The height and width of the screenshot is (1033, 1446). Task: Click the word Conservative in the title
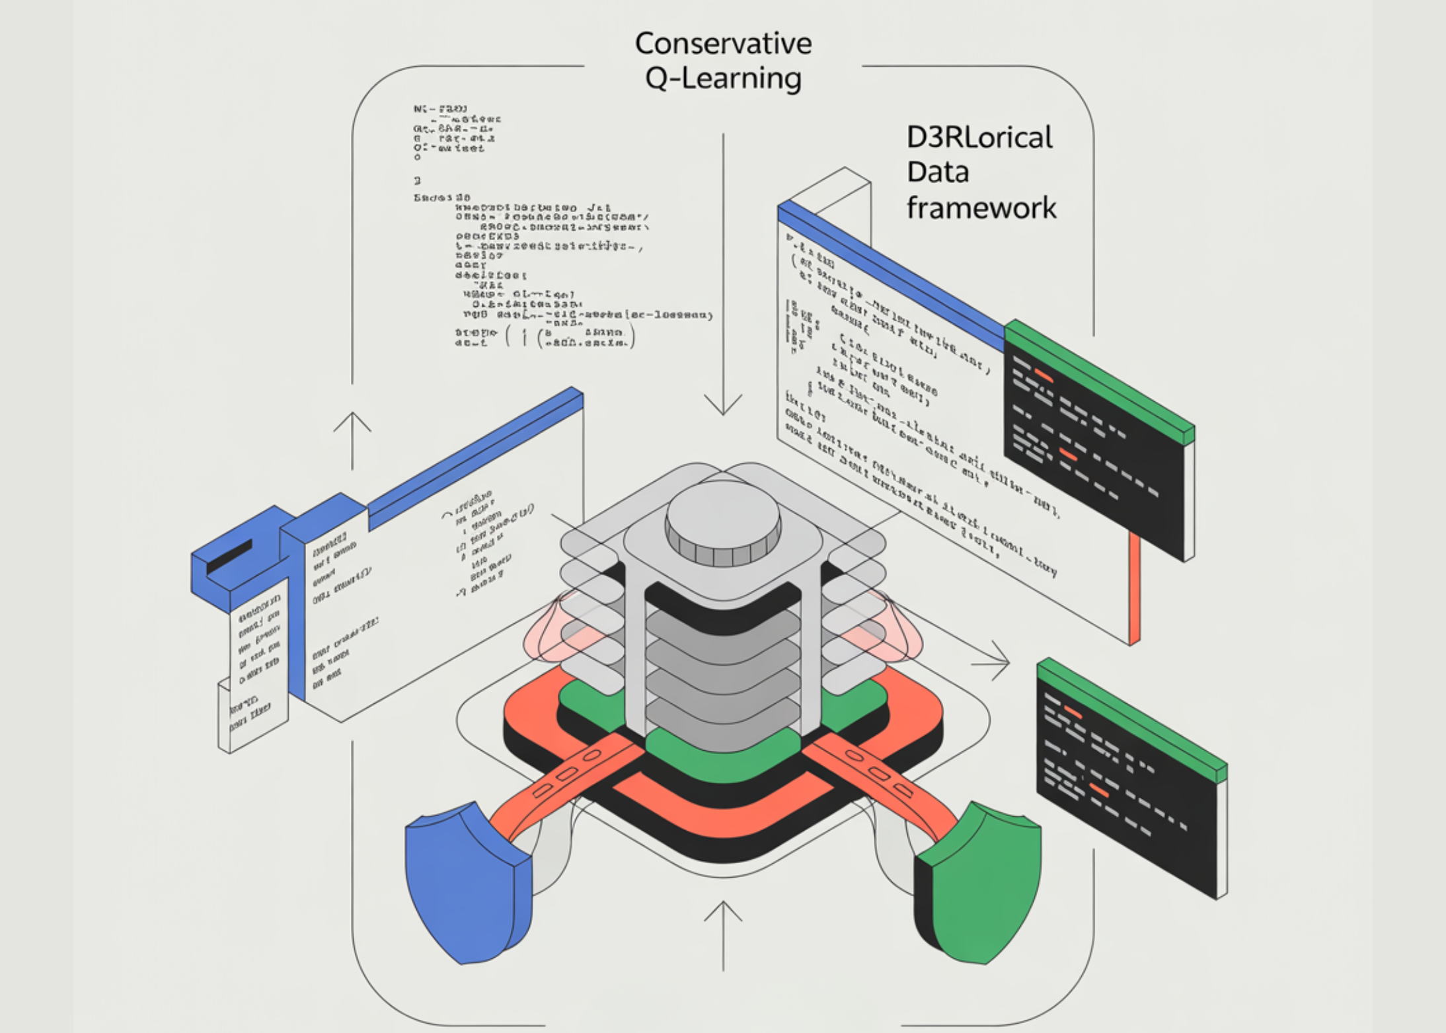click(x=723, y=44)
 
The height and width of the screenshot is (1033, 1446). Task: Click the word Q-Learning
click(x=723, y=79)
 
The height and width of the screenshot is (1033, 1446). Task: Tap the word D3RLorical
click(x=979, y=137)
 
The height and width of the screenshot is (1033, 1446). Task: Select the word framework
click(x=981, y=208)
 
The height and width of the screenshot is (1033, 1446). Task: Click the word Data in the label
click(x=937, y=172)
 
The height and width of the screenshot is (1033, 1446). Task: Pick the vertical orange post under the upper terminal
click(x=1134, y=588)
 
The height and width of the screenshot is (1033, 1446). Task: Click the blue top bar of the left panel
click(x=476, y=456)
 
